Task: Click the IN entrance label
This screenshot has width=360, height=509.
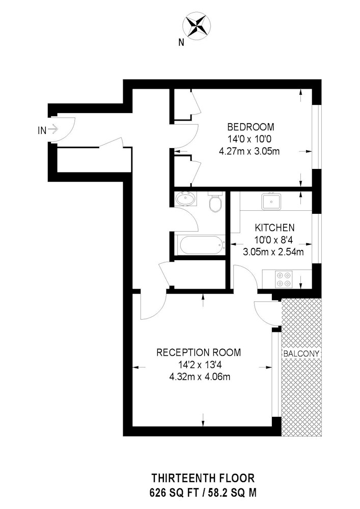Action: (x=42, y=130)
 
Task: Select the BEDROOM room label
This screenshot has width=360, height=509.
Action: (x=251, y=127)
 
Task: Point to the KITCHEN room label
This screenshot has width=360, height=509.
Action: (x=274, y=228)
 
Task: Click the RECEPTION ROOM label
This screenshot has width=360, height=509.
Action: (x=199, y=352)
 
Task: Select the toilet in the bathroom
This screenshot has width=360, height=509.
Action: (x=215, y=203)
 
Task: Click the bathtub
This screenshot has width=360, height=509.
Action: (x=199, y=245)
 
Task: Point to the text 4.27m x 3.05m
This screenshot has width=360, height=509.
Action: (x=250, y=151)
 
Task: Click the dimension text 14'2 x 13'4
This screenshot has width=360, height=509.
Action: (x=198, y=364)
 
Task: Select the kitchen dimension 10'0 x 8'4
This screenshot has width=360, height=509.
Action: (x=274, y=240)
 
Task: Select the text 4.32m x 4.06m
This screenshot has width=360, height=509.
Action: (x=198, y=377)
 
